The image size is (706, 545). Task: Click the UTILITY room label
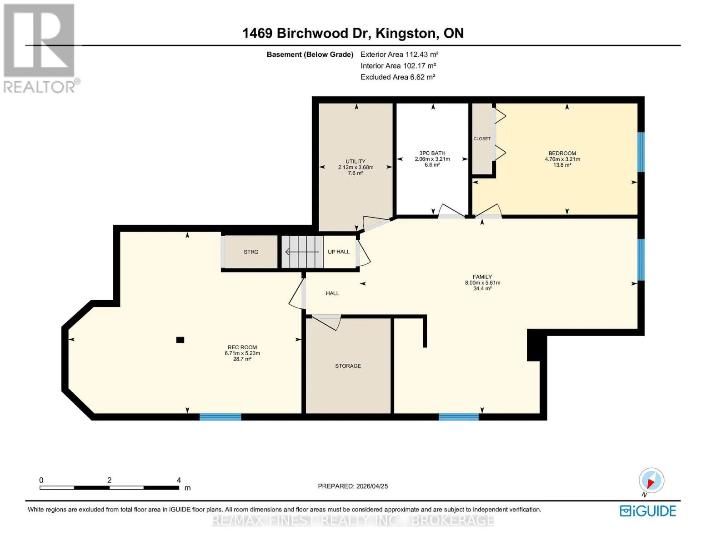coord(356,161)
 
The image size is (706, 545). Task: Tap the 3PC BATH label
coord(432,153)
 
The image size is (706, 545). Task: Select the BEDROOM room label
coord(562,153)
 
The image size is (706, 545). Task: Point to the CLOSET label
coord(482,139)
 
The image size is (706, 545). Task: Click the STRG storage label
coord(251,252)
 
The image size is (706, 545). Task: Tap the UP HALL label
coord(339,252)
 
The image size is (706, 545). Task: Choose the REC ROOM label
coord(242,347)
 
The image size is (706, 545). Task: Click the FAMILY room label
coord(482,277)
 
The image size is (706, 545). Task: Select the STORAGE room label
coord(348,366)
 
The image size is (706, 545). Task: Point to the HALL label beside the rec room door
coord(332,293)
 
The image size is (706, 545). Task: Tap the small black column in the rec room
coord(180,340)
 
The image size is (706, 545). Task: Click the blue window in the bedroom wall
coord(641,152)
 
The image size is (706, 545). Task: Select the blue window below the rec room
coord(220,417)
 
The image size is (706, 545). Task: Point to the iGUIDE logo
coord(648,511)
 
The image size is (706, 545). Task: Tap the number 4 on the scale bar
coord(179,480)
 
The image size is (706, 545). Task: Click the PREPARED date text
coord(353,486)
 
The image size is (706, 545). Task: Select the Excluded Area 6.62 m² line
coord(398,77)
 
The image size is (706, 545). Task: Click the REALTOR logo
coord(41,49)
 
